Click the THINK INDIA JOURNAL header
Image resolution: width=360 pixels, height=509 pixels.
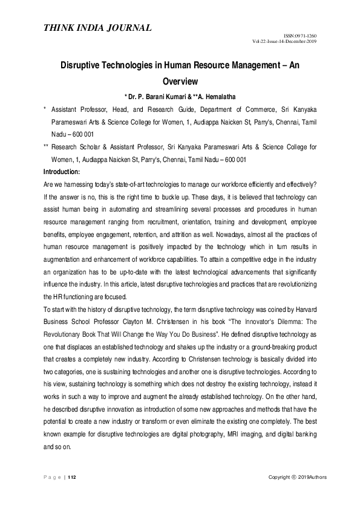point(97,27)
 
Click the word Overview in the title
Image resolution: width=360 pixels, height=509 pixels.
point(180,79)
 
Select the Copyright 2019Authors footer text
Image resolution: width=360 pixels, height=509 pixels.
point(298,478)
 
